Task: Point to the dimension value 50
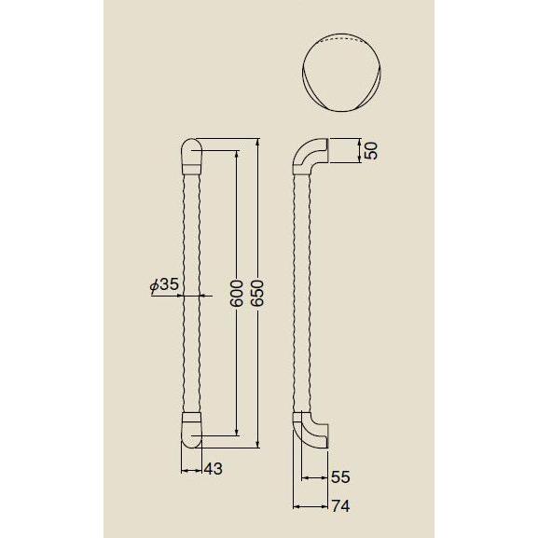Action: pos(371,151)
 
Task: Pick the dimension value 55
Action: pos(340,476)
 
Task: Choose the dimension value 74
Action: pos(340,508)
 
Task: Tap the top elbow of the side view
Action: pos(310,158)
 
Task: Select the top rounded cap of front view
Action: pos(190,156)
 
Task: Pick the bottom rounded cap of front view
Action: pos(190,430)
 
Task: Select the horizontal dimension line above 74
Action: pos(311,506)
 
